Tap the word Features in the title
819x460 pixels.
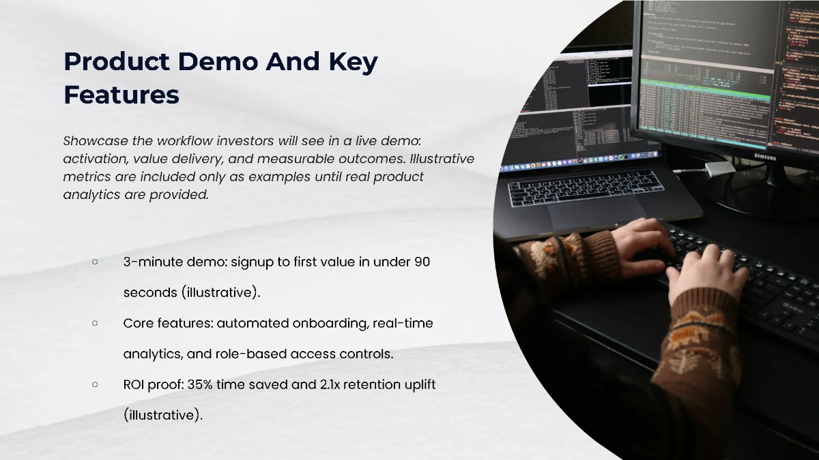(x=121, y=95)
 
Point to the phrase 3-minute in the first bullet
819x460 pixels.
(x=150, y=262)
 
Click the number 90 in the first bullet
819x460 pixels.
(x=422, y=262)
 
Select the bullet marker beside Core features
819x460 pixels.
(x=95, y=323)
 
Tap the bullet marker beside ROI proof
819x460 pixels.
(x=95, y=384)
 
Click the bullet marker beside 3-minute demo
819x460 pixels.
(x=95, y=262)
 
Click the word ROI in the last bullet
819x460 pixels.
(x=134, y=384)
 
